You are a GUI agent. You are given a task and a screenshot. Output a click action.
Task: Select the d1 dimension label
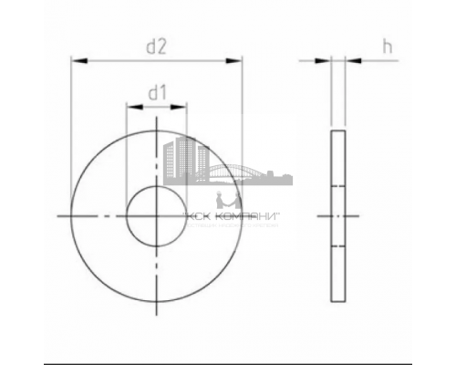tap(156, 91)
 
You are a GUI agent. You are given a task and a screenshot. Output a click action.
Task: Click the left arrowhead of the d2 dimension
tap(77, 61)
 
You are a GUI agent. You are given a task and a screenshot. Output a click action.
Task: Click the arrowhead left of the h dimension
tap(325, 61)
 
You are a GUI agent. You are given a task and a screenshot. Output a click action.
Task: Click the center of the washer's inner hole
tap(156, 216)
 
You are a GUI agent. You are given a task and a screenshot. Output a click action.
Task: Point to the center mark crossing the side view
tap(338, 216)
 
